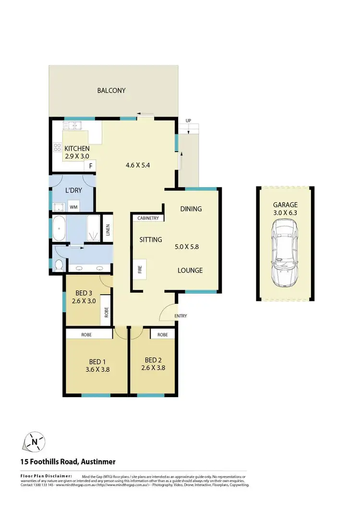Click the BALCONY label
[x=111, y=90]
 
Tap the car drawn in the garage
[x=286, y=252]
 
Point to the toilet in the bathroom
[x=58, y=265]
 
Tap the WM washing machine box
[x=73, y=207]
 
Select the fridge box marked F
[x=89, y=166]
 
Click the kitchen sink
[x=74, y=127]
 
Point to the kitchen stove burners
[x=57, y=147]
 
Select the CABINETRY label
[x=148, y=218]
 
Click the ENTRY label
[x=180, y=316]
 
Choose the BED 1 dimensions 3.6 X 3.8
[x=97, y=369]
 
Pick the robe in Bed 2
[x=162, y=334]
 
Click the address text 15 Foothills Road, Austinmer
[x=68, y=462]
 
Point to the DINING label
[x=191, y=209]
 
